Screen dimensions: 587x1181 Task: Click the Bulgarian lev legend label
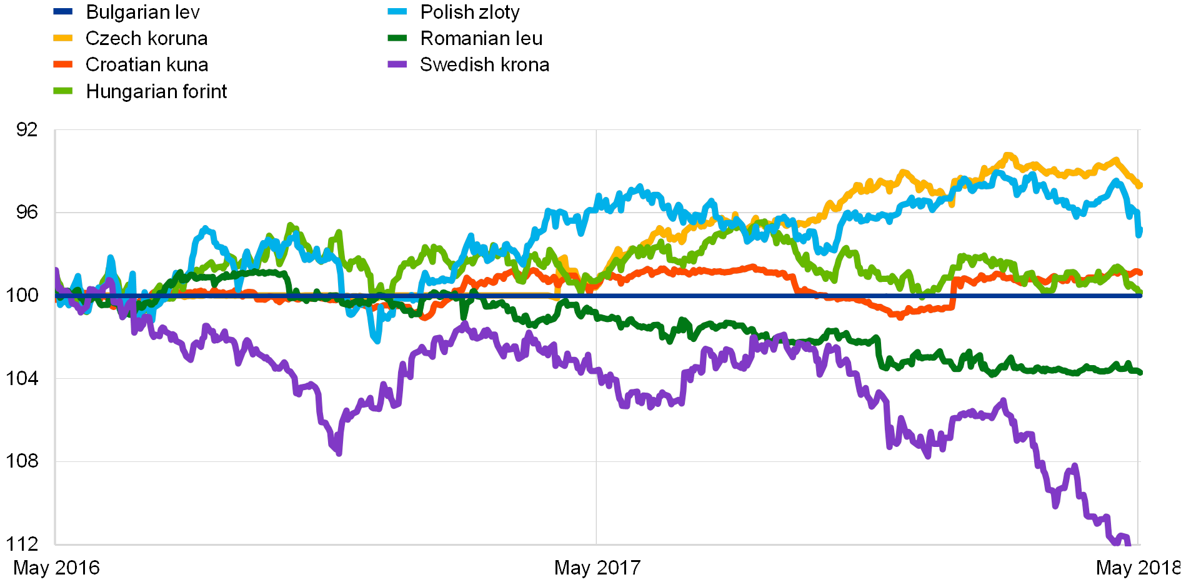tap(143, 12)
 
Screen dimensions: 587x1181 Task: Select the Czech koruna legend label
tap(147, 38)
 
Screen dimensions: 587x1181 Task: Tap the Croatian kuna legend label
tap(147, 64)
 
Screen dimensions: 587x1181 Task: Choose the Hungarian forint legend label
tap(156, 91)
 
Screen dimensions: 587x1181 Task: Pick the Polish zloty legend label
tap(471, 12)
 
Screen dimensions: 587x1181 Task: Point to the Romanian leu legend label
tap(481, 38)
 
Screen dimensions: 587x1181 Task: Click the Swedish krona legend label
tap(485, 64)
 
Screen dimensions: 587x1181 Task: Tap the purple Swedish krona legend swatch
tap(397, 64)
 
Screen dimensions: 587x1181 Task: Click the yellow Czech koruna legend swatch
tap(62, 38)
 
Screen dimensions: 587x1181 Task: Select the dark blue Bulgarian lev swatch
tap(62, 12)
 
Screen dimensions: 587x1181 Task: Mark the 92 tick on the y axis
tap(27, 129)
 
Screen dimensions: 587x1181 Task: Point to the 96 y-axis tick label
tap(27, 213)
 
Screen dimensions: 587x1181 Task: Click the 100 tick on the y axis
tap(22, 294)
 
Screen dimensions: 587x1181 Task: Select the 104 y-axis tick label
tap(22, 377)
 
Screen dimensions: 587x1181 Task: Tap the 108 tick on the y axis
tap(22, 460)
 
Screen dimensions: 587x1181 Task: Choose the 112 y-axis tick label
tap(22, 542)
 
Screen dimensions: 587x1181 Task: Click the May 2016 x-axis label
tap(57, 568)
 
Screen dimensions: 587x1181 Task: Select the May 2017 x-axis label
tap(598, 568)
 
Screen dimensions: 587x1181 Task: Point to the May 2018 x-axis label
tap(1139, 568)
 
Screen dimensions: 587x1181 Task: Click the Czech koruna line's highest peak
tap(1007, 154)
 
